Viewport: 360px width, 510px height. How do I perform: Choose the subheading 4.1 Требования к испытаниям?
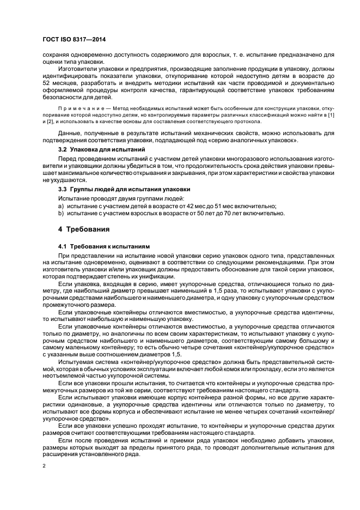[101, 247]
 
